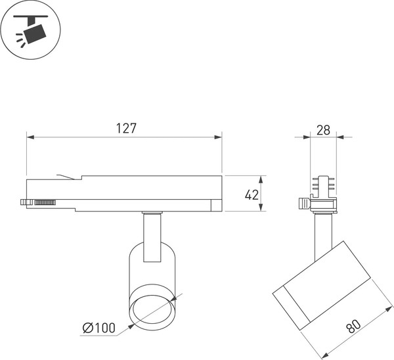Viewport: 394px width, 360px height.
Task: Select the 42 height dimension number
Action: pos(251,194)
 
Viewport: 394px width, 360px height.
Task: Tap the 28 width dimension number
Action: pos(323,129)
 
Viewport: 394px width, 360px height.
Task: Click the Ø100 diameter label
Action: pos(98,328)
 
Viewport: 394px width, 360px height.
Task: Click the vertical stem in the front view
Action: pos(151,236)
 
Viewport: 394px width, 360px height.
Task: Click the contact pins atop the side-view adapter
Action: pos(323,185)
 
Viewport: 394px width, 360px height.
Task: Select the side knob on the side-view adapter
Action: pos(303,204)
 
